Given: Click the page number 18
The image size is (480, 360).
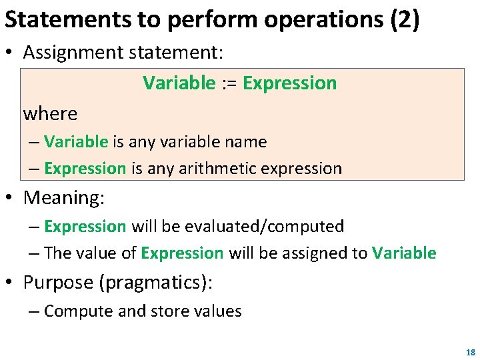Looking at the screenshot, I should [471, 352].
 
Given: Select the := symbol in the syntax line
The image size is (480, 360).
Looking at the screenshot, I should [229, 83].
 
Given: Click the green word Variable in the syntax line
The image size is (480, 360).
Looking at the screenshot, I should [179, 83].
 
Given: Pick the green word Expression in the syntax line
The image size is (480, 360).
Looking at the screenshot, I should [290, 83].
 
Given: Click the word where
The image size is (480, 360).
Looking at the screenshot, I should [50, 114].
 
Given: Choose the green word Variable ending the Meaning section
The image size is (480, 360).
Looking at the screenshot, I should [404, 253].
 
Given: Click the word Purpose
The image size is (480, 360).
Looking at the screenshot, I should [58, 283].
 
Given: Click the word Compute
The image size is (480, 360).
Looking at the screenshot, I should [73, 311].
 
